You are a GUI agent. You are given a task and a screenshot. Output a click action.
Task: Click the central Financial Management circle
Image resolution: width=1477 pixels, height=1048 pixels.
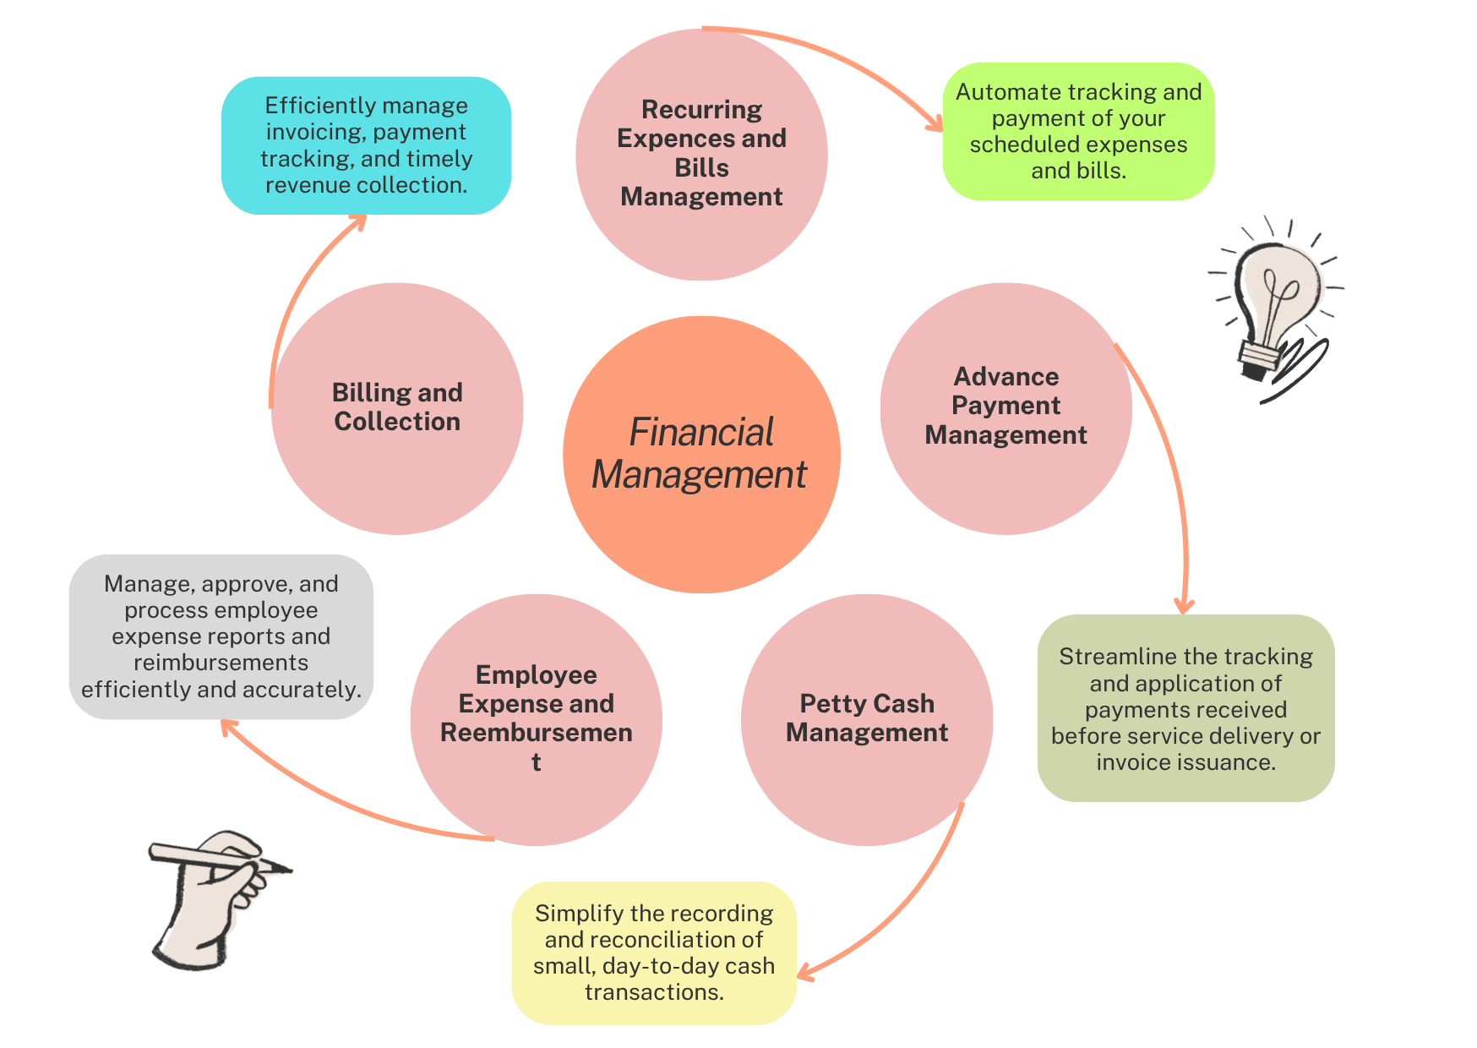click(x=701, y=455)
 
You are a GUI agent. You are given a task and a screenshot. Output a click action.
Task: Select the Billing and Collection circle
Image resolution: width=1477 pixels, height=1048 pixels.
click(x=397, y=408)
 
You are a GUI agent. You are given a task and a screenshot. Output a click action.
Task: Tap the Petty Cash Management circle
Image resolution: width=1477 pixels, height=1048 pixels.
click(x=866, y=719)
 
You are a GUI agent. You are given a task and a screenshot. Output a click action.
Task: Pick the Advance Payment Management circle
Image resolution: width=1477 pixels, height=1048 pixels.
click(x=1006, y=408)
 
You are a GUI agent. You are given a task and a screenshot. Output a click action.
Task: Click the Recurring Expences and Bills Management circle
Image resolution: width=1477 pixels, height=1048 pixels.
click(x=701, y=155)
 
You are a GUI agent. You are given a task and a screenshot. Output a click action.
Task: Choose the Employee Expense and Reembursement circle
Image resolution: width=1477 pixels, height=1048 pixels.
click(x=536, y=719)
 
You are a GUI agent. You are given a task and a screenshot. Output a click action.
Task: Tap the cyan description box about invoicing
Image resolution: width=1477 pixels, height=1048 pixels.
click(x=366, y=145)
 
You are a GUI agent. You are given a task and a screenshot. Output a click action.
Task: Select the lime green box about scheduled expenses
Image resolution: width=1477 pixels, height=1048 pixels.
click(x=1078, y=131)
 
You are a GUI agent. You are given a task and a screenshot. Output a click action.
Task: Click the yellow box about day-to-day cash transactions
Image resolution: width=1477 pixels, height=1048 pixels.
click(x=654, y=952)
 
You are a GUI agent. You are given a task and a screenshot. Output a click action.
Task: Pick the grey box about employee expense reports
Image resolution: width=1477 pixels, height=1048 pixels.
click(x=221, y=636)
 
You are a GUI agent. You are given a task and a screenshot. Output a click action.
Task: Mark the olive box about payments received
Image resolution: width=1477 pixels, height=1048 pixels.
click(x=1185, y=708)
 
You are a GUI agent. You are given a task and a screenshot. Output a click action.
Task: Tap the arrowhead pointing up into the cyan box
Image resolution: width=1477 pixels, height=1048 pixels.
click(x=358, y=221)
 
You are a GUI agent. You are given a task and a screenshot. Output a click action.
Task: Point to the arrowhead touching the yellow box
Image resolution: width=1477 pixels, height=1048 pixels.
click(x=805, y=974)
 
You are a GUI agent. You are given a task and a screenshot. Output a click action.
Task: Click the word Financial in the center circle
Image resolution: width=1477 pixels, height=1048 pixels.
click(x=701, y=433)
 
